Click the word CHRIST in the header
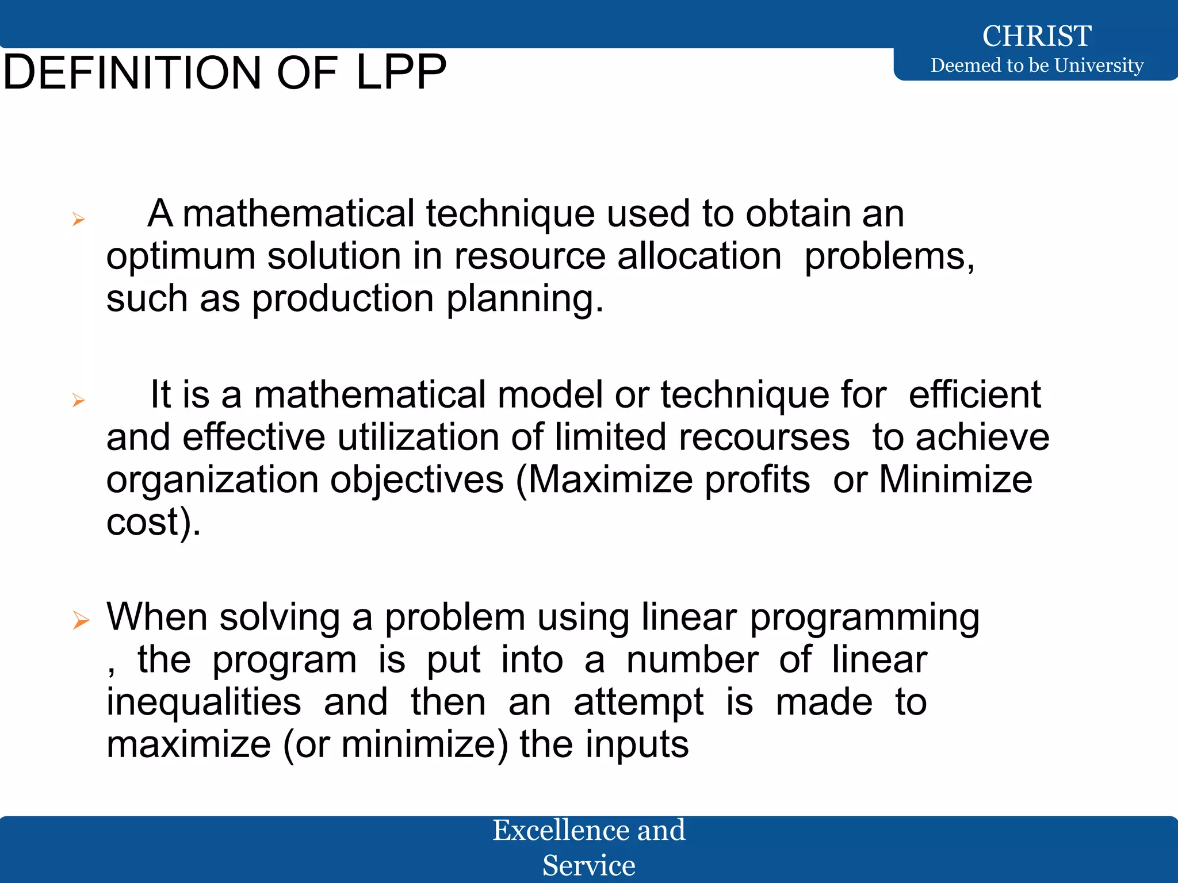pos(1037,36)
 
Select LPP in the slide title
pos(401,73)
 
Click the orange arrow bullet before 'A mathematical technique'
pos(79,219)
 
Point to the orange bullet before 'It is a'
pos(79,400)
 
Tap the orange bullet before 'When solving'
pos(81,620)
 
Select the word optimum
pos(181,256)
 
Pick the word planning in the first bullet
pos(525,300)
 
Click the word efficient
pos(974,395)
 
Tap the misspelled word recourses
pos(764,437)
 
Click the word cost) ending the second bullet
pos(153,522)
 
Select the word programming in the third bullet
pos(865,618)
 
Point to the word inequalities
pos(204,702)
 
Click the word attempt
pos(638,703)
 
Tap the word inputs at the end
pos(637,744)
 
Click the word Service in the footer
pos(588,865)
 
